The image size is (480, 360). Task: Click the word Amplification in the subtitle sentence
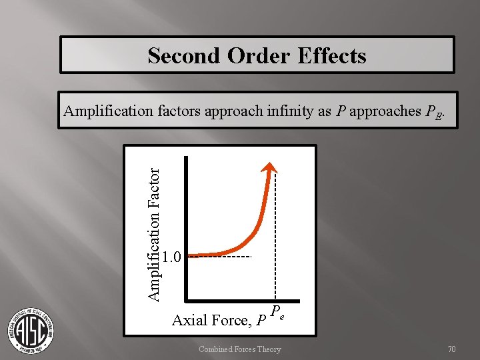[x=108, y=111]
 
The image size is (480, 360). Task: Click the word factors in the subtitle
[x=179, y=111]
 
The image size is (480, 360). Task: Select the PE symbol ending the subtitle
[x=433, y=113]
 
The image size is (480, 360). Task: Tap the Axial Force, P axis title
[x=219, y=321]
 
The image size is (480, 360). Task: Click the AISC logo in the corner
[x=31, y=329]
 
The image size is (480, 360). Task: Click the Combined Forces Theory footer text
[x=240, y=349]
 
